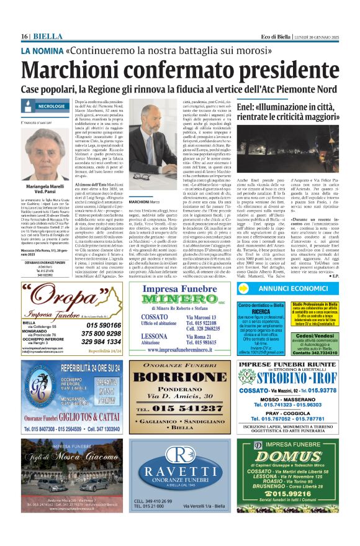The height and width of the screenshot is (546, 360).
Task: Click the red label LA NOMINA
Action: point(42,50)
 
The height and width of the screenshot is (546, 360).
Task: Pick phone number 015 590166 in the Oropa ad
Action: point(104,325)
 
